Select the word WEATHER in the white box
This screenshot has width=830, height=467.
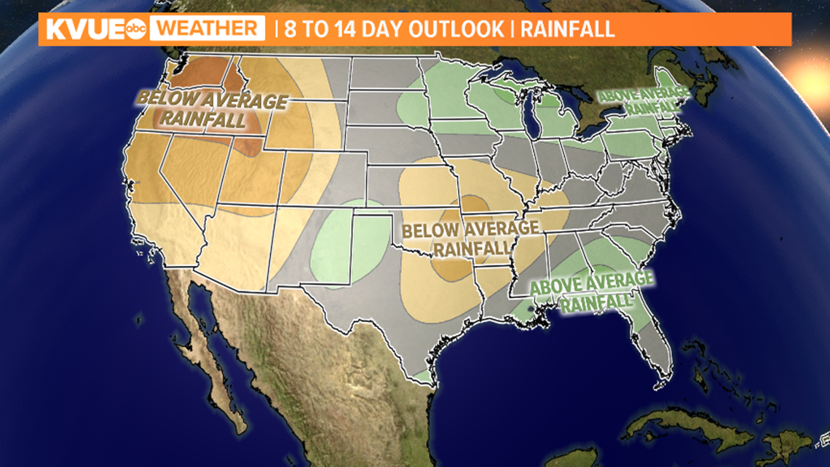click(x=210, y=30)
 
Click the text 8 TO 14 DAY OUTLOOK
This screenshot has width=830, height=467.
click(x=393, y=30)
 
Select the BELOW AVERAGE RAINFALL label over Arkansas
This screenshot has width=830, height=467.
click(x=471, y=239)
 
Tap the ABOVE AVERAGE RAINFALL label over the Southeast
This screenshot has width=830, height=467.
click(x=591, y=291)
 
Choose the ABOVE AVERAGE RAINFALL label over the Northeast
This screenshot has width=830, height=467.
click(x=642, y=101)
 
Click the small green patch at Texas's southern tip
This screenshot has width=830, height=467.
click(x=421, y=376)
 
